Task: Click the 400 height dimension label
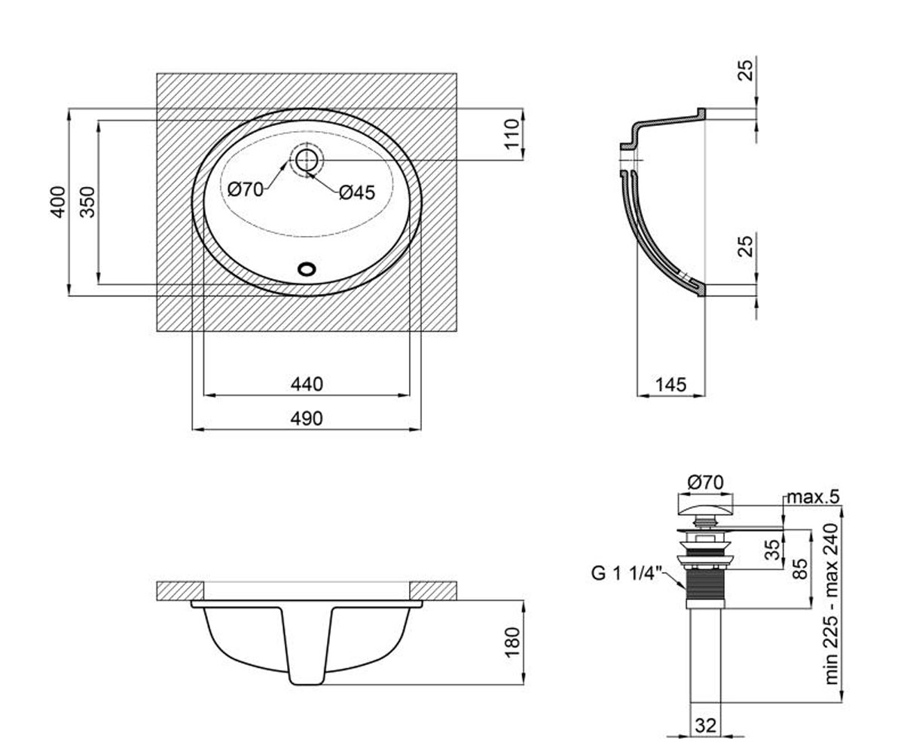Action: click(58, 202)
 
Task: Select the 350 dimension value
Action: click(87, 202)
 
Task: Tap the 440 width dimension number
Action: click(307, 385)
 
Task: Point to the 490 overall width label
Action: click(307, 418)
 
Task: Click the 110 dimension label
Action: click(512, 134)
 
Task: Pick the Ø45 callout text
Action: click(357, 193)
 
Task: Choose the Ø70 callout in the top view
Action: click(246, 189)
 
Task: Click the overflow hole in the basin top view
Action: click(307, 269)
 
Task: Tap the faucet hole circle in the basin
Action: click(307, 160)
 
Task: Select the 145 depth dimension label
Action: click(671, 385)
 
